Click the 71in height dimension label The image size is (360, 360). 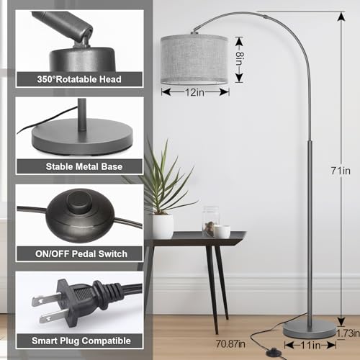coord(341,171)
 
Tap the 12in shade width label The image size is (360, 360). coord(194,92)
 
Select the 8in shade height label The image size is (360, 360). coord(239,59)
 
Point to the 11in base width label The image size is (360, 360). coord(310,346)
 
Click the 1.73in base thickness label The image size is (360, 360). coord(348,333)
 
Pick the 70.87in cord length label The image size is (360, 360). coord(230,343)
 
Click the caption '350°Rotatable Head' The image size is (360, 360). coord(79,79)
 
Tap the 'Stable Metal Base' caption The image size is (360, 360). coord(84,166)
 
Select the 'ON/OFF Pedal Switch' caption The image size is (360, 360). coord(81,253)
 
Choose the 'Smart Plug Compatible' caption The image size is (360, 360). coord(81,341)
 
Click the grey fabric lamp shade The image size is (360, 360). coord(194,60)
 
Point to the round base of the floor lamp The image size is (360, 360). coord(310,330)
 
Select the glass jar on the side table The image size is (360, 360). coord(210,221)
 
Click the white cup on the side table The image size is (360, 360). coord(222,232)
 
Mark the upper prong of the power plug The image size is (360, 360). coord(45,300)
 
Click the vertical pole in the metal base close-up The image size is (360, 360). coord(82,114)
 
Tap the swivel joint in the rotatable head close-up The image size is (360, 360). coord(84,41)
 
